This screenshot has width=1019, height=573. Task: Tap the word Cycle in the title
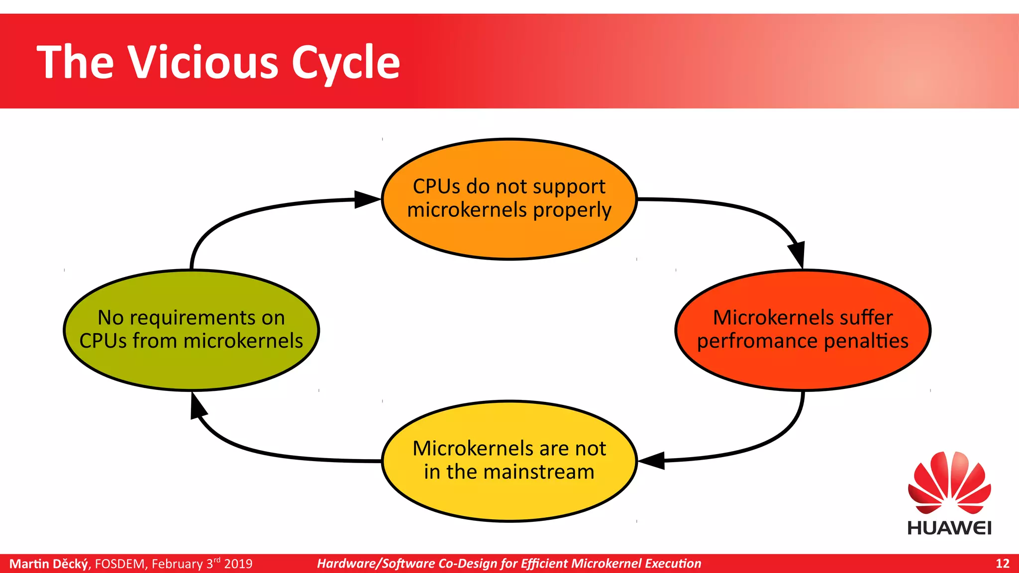click(x=345, y=63)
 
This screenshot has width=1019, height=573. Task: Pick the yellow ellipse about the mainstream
click(x=509, y=497)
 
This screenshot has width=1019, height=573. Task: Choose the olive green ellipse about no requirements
click(x=191, y=368)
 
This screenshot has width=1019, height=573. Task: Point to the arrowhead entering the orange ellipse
click(x=367, y=199)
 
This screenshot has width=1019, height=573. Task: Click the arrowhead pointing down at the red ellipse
click(x=797, y=254)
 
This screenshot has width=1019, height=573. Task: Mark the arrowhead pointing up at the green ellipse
click(x=198, y=406)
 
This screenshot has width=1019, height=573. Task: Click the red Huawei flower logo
click(x=949, y=482)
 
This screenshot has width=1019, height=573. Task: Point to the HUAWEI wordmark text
click(x=949, y=528)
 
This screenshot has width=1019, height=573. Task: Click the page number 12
click(x=1002, y=564)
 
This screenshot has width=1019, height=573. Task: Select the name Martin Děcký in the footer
click(x=49, y=564)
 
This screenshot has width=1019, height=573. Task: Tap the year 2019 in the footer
click(x=238, y=564)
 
